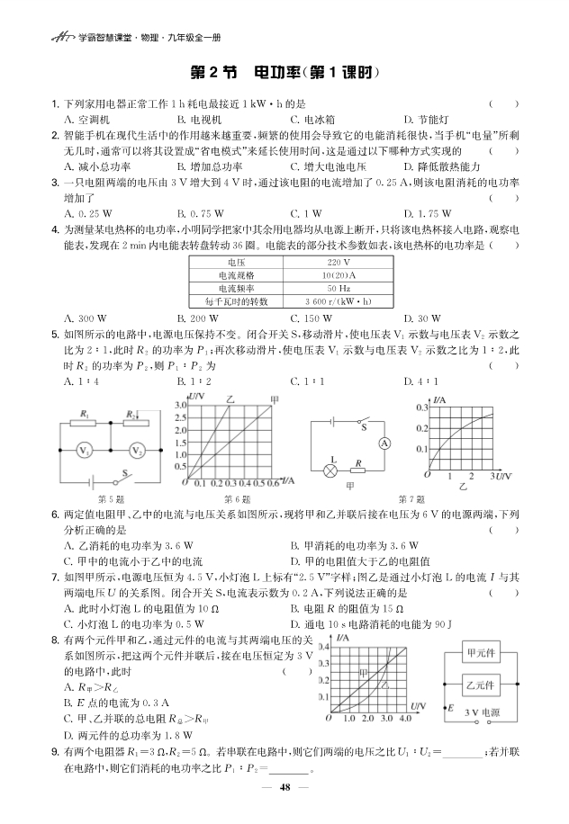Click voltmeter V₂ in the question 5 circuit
[x=137, y=450]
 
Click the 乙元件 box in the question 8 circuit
[x=487, y=685]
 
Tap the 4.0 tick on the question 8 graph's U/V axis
[x=385, y=720]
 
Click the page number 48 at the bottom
[x=284, y=788]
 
